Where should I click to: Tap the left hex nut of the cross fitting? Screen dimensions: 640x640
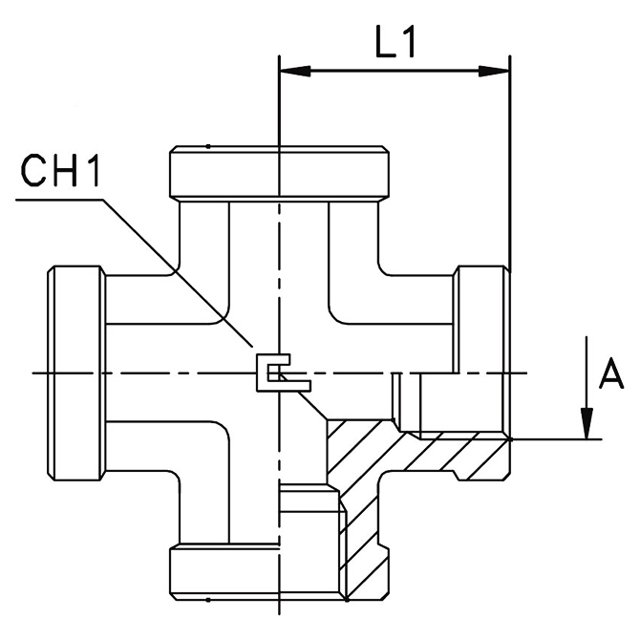[75, 373]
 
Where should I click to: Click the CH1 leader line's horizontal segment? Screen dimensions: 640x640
[57, 200]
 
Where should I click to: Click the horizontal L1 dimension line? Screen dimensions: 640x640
[392, 71]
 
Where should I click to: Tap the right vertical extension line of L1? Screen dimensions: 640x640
[510, 162]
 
